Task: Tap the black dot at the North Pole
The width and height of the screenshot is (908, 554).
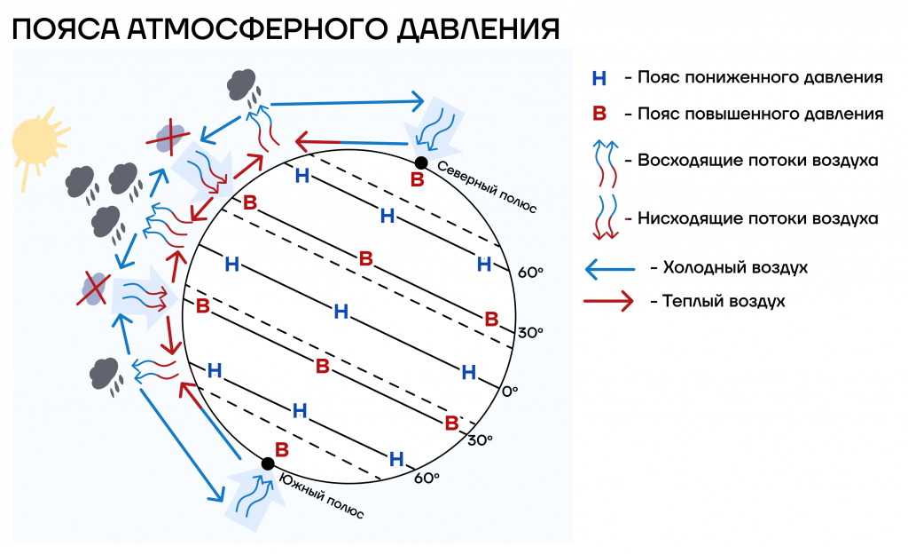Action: click(421, 163)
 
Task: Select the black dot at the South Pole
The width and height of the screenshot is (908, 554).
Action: click(268, 463)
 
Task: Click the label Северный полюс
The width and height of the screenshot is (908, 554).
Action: click(487, 186)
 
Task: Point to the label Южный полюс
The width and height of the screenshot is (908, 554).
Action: click(322, 495)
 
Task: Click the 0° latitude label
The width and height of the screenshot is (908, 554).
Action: click(510, 392)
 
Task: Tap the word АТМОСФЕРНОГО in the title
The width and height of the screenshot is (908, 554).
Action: click(257, 29)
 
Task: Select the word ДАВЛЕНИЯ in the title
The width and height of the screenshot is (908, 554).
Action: click(478, 29)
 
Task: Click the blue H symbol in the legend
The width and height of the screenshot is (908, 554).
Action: click(599, 78)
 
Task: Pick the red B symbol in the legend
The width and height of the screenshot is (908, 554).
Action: click(599, 114)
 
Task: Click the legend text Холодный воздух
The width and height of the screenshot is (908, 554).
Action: click(735, 268)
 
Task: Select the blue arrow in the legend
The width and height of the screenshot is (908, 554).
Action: click(610, 269)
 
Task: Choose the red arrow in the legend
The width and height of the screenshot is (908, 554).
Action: click(608, 301)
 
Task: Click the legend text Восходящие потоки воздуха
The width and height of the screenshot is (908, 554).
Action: click(757, 161)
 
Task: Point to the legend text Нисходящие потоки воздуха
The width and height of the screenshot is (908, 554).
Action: click(757, 218)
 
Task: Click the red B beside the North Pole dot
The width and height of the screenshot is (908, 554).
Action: click(418, 179)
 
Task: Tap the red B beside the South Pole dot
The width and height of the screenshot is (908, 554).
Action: click(281, 450)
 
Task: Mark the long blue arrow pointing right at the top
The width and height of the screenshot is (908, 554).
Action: click(348, 103)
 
